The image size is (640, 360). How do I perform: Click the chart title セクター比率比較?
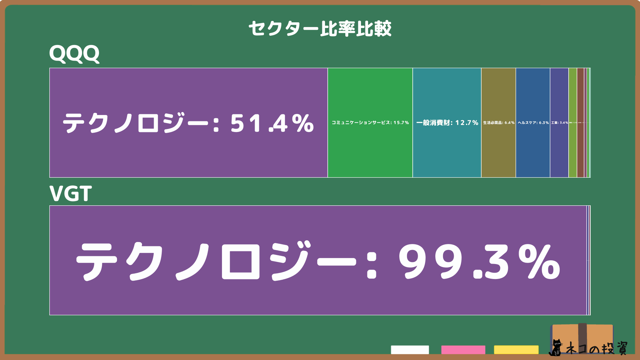[x=320, y=29]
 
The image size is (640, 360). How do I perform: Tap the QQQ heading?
[x=74, y=54]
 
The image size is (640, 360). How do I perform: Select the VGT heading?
[x=71, y=194]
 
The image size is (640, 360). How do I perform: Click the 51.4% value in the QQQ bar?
[x=272, y=123]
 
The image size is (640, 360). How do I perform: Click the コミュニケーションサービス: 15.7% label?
[x=370, y=123]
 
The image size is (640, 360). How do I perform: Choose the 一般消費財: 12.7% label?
[x=447, y=123]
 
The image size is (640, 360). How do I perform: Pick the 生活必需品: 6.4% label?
[x=499, y=123]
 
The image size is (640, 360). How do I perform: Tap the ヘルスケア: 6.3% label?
[x=533, y=123]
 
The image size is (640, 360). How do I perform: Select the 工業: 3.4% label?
[x=559, y=123]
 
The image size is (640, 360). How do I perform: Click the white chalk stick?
[x=410, y=350]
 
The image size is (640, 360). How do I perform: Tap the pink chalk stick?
[x=463, y=350]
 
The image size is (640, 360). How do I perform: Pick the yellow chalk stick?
[x=516, y=350]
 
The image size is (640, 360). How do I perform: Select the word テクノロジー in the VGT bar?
[x=217, y=262]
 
